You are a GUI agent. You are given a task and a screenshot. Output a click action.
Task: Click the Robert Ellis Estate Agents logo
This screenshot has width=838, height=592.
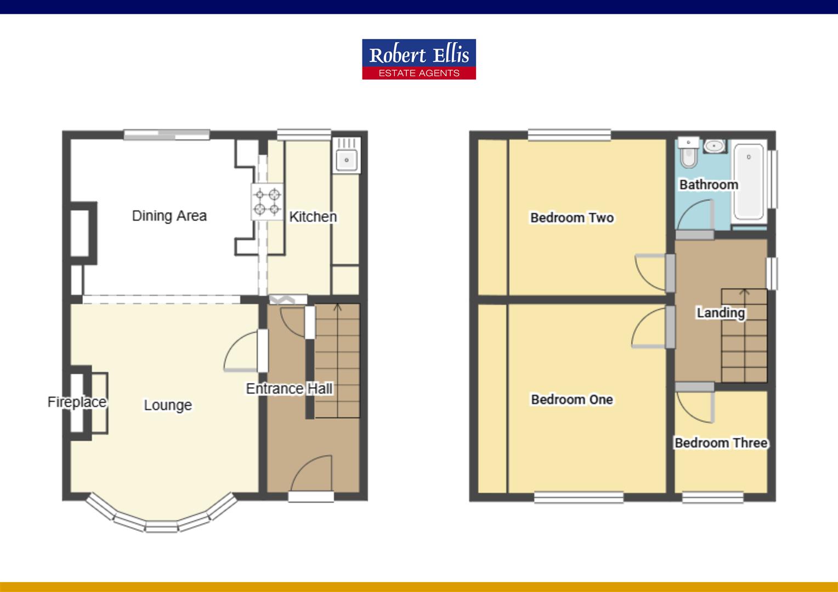(x=418, y=59)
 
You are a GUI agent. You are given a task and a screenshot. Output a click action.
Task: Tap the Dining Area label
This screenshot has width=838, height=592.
(x=169, y=216)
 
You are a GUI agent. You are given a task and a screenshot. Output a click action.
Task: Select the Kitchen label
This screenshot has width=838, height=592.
(x=313, y=217)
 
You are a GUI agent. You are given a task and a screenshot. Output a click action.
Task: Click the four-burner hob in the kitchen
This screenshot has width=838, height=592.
(x=267, y=202)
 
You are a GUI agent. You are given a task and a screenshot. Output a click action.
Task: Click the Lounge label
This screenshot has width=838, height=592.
(x=168, y=405)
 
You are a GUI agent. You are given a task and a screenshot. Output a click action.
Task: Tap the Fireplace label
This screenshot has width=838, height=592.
(x=77, y=402)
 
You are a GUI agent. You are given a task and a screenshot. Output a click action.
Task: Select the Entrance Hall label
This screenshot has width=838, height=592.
(x=289, y=389)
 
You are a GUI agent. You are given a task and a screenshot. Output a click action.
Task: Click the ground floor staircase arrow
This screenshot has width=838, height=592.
(x=337, y=308)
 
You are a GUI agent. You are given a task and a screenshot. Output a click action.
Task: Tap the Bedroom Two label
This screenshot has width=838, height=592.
(x=571, y=218)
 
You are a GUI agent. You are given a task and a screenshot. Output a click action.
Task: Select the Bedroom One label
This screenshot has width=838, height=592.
(x=571, y=400)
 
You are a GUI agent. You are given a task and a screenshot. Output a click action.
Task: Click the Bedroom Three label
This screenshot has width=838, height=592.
(x=721, y=443)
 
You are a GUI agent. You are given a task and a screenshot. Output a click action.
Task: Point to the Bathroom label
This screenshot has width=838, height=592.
(x=709, y=185)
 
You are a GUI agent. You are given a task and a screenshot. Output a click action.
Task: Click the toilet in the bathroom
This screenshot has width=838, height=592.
(x=687, y=154)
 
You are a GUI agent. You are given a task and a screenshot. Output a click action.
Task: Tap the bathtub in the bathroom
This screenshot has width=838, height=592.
(x=749, y=181)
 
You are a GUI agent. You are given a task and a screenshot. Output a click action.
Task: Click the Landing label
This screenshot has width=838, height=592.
(x=721, y=313)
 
